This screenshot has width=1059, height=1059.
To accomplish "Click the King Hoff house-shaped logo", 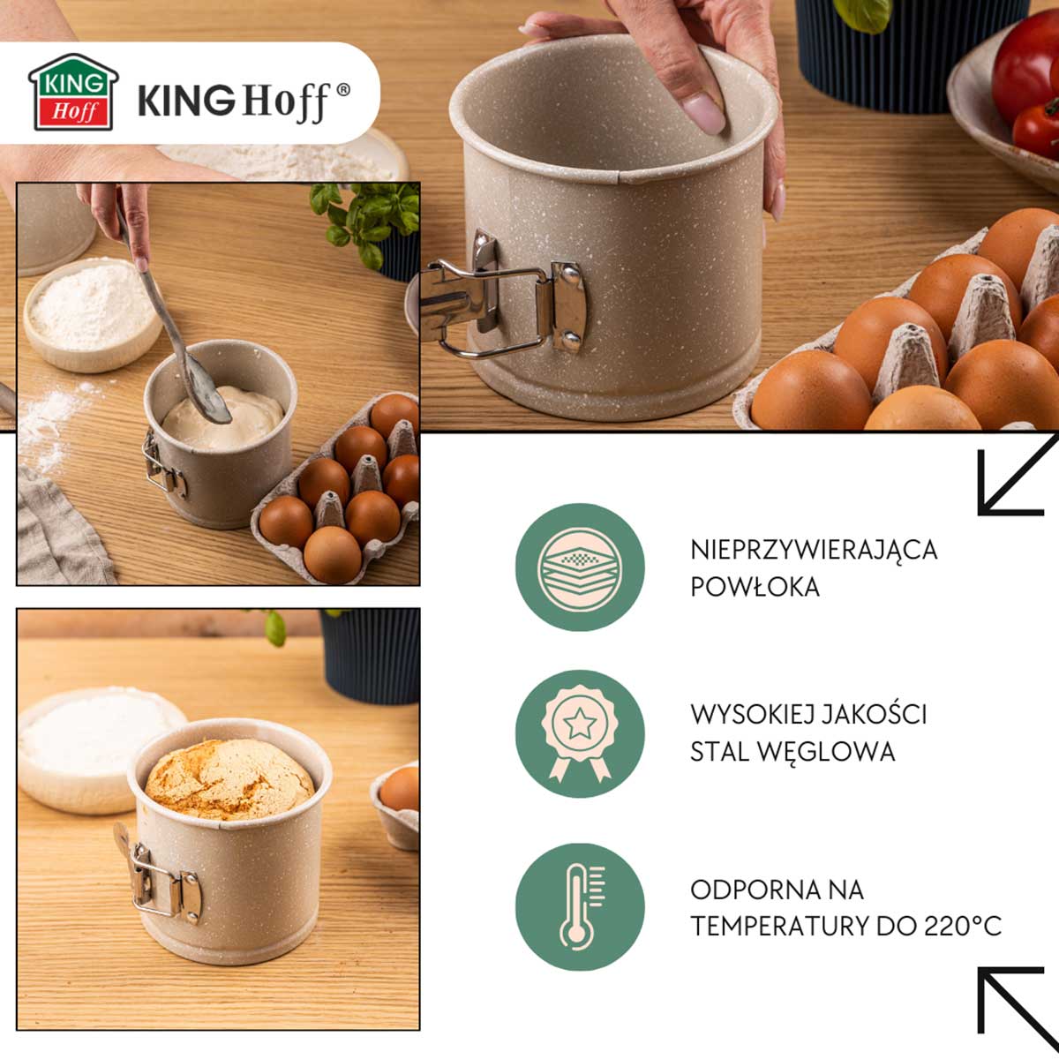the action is (73, 92).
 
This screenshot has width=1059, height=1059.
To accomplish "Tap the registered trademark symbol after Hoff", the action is (342, 91).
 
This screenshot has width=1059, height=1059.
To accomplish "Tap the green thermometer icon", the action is (580, 907).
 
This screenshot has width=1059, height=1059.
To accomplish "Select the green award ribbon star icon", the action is (580, 734).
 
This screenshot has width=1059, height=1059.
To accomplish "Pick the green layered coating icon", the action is (580, 567).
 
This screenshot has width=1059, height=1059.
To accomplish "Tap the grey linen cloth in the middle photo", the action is (61, 529).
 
